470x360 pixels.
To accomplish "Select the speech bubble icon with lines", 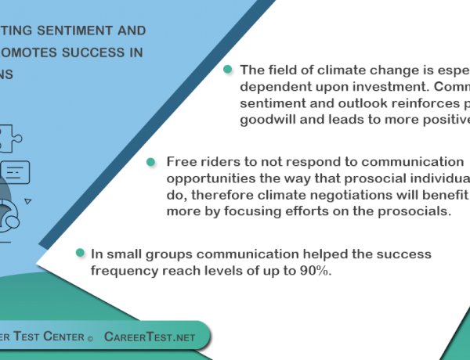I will (x=16, y=171).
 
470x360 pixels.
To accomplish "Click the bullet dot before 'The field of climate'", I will (x=228, y=70).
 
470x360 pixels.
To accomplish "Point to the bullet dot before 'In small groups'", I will (x=79, y=254).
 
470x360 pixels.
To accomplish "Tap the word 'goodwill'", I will (x=268, y=119).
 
